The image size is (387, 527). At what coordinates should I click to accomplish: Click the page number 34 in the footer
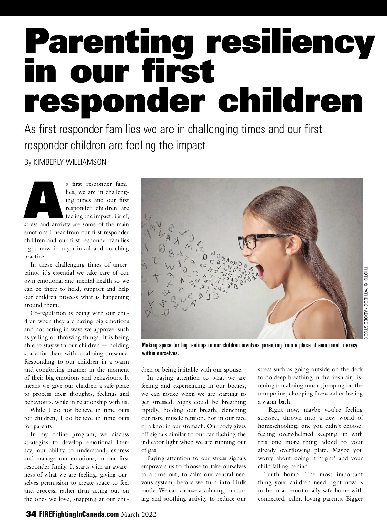point(32,514)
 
